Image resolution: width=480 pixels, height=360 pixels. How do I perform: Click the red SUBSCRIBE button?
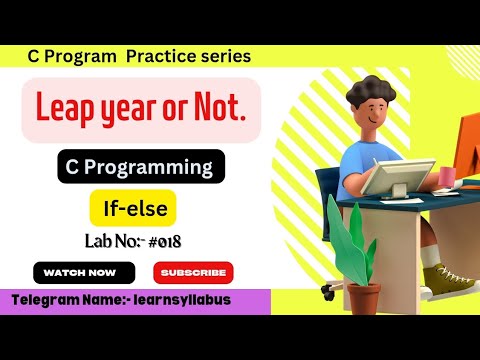(x=193, y=271)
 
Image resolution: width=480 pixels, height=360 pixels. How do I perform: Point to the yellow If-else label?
(x=133, y=208)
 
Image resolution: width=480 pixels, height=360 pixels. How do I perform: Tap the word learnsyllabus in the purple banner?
(x=183, y=301)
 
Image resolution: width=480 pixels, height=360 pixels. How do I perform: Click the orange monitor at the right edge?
(x=471, y=150)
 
